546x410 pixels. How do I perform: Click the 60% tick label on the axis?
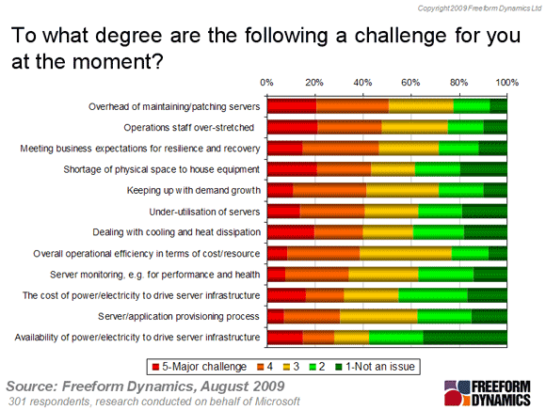point(410,83)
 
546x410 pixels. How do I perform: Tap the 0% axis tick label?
point(266,83)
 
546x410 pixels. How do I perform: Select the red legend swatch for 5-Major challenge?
point(155,367)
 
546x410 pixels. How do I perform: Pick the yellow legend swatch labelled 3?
point(286,367)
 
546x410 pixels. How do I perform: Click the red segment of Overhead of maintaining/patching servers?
point(292,106)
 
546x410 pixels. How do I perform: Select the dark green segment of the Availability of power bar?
point(465,338)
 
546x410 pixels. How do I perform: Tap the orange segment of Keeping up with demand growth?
point(329,190)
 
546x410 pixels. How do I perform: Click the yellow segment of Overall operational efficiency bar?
point(406,254)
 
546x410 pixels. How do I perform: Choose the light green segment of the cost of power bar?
point(433,295)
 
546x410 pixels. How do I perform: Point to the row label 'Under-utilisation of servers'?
point(205,212)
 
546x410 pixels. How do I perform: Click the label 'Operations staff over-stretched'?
point(188,128)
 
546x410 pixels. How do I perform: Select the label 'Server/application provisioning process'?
point(179,317)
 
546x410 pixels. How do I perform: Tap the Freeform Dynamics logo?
point(487,393)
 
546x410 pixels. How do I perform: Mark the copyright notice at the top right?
point(479,8)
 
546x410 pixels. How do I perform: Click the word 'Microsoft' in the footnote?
point(277,402)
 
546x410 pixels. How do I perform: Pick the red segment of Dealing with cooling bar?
point(291,232)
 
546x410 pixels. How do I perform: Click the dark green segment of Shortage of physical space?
point(484,169)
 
